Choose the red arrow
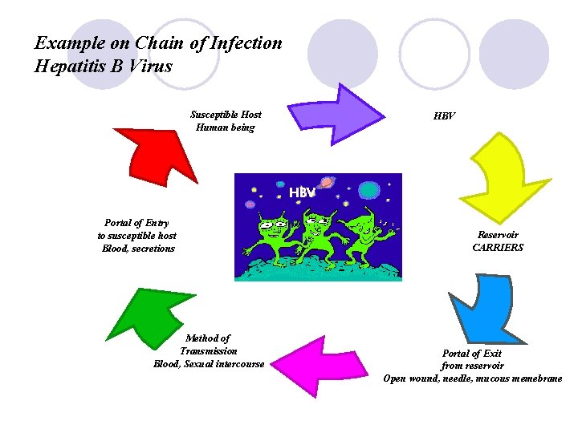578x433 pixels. tap(157, 152)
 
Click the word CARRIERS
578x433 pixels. tap(498, 248)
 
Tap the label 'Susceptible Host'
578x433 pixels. tap(226, 115)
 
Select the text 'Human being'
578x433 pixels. tap(226, 127)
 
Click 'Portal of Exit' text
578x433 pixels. tap(472, 353)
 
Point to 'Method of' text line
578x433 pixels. tap(207, 338)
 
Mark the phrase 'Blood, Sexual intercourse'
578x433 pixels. tap(209, 364)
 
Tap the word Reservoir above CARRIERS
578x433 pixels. tap(498, 235)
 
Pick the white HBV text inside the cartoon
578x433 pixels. tap(302, 193)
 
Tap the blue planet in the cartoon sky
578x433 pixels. tap(368, 190)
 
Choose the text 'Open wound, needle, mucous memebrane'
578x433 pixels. tap(472, 378)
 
